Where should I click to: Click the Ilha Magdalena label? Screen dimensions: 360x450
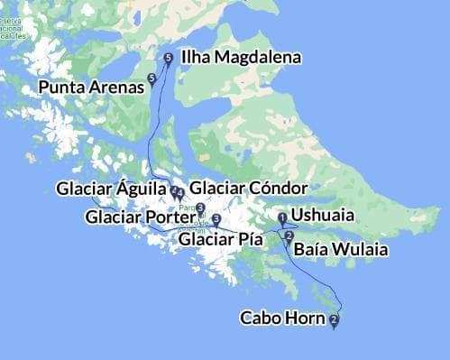point(241,58)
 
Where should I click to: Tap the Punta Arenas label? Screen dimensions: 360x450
point(91,88)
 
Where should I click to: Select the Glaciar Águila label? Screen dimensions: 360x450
point(111,189)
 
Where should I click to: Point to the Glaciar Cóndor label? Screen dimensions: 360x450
point(250,189)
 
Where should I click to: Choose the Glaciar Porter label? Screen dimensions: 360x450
point(140,217)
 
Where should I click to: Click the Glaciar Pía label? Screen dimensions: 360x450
point(221,240)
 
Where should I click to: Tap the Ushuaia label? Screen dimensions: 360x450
point(323,216)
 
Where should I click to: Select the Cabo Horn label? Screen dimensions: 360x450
point(283,318)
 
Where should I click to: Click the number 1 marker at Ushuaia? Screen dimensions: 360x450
point(282,217)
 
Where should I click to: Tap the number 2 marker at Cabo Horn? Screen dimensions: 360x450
point(335,319)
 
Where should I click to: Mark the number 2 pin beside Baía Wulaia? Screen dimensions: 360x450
point(289,237)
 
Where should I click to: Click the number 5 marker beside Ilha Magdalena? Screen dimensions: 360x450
point(169,59)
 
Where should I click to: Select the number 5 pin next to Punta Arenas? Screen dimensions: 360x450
point(152,79)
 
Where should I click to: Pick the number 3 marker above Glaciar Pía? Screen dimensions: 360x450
point(216,219)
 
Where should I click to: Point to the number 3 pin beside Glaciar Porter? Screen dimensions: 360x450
point(200,208)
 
